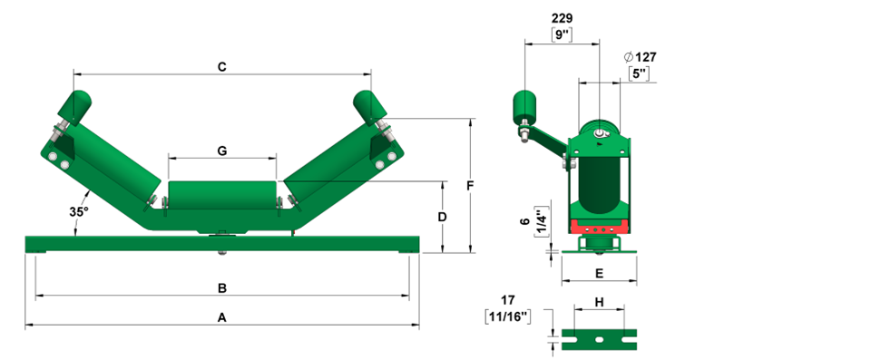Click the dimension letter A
pos(221,317)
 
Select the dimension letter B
pos(221,288)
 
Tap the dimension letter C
pos(221,67)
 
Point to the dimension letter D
pos(442,217)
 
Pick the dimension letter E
pos(599,273)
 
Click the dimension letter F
pos(470,186)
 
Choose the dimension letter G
pos(222,151)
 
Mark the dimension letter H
pos(600,302)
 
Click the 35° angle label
pos(79,211)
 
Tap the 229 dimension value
pos(563,19)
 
